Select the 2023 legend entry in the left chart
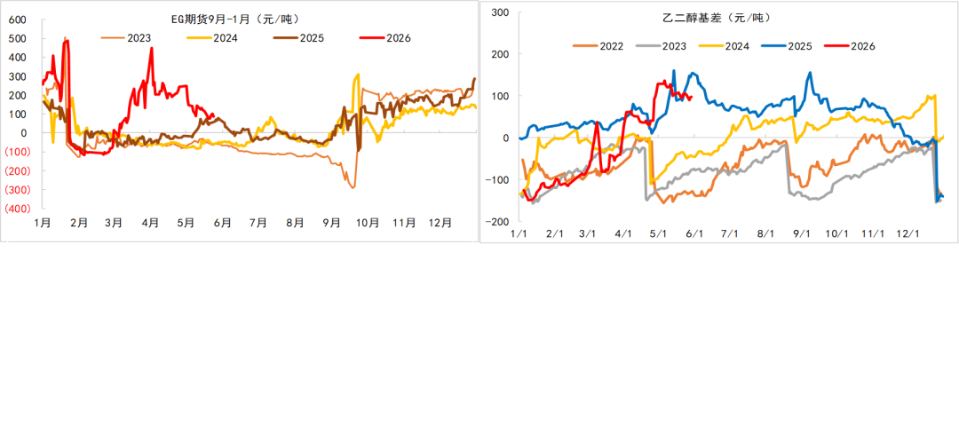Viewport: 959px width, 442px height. [x=126, y=38]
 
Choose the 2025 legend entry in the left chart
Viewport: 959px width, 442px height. [x=299, y=38]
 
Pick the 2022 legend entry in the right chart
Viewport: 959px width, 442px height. [x=598, y=45]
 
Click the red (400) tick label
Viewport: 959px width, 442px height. [x=16, y=209]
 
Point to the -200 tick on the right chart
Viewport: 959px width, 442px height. [x=500, y=222]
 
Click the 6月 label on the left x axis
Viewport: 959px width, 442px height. [x=223, y=224]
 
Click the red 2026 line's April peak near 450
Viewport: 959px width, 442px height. [x=152, y=48]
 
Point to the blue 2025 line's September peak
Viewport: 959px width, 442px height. [x=810, y=73]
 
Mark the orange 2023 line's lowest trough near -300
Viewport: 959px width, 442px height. [x=353, y=187]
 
